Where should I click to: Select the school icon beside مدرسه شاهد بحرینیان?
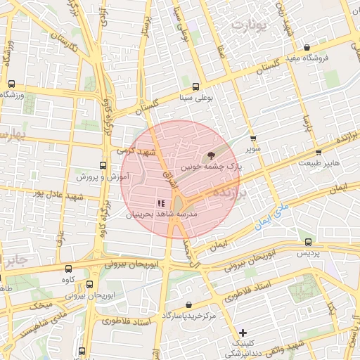151,202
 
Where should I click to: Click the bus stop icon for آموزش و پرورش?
103,166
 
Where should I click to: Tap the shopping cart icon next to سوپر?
253,139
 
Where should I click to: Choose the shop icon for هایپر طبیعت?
319,152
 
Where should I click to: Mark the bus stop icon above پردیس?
307,240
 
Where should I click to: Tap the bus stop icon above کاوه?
68,269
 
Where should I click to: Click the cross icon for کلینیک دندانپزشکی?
243,333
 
